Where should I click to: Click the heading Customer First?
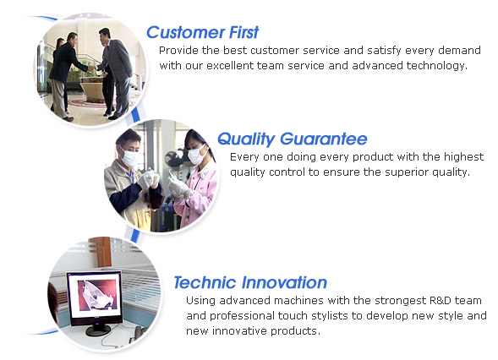[x=202, y=32]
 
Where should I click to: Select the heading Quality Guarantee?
[x=293, y=139]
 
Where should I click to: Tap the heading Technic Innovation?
[x=250, y=282]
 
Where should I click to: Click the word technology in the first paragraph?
[x=437, y=66]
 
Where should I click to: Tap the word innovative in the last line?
[x=239, y=331]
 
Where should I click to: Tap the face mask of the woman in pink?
[x=197, y=154]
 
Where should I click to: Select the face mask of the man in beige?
[x=130, y=158]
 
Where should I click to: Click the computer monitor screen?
[x=96, y=296]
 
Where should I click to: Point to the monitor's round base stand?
[x=98, y=331]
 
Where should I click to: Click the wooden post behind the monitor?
[x=102, y=252]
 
